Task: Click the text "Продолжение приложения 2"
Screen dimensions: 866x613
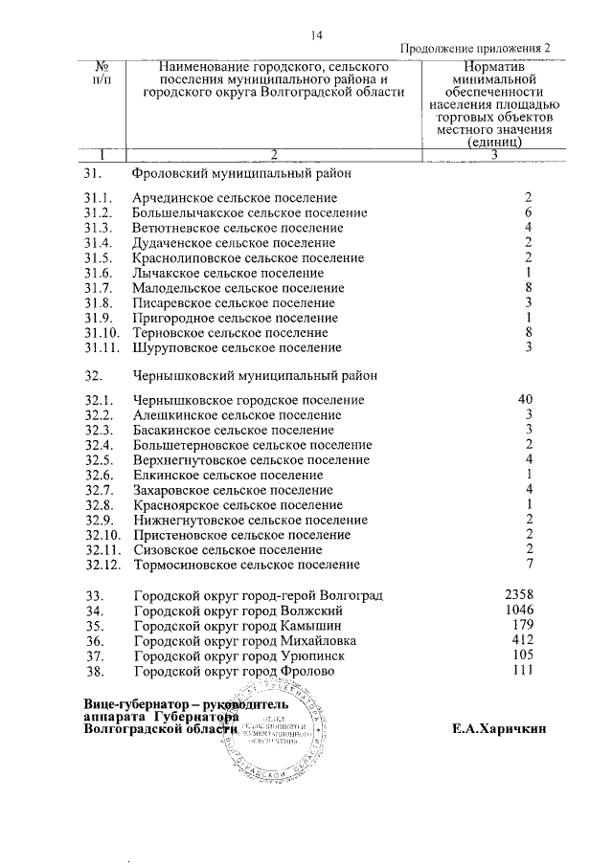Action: (475, 50)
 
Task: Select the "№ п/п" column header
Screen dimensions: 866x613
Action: (103, 76)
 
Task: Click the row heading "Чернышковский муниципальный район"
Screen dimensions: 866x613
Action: (256, 376)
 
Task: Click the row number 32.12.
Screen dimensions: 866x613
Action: (102, 565)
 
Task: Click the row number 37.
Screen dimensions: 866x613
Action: (94, 656)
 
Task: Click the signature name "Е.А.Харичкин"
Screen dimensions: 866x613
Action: (499, 728)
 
